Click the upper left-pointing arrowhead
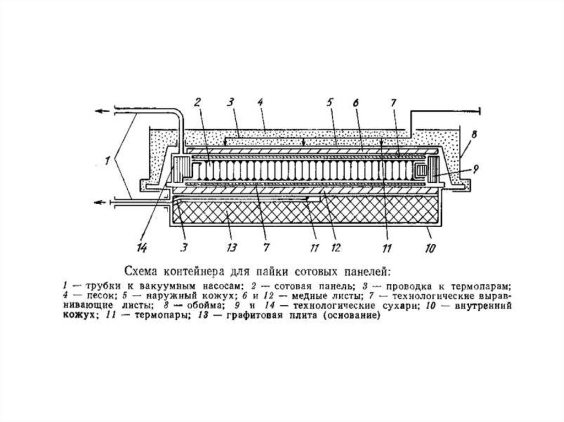97,111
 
